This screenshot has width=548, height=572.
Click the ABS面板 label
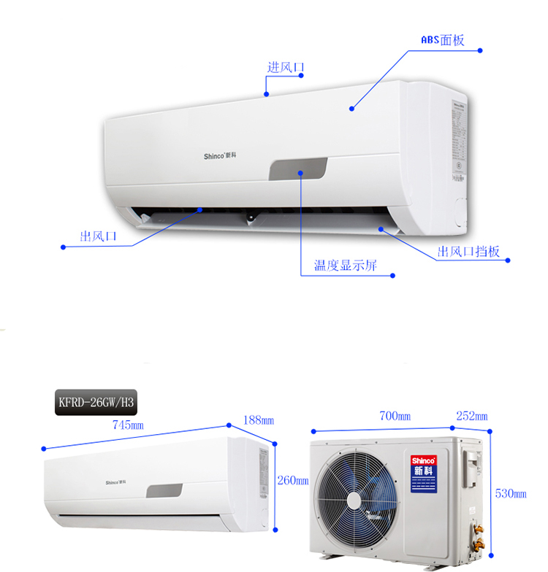443,39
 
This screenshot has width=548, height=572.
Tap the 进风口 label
285,68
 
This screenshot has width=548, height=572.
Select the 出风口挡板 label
468,252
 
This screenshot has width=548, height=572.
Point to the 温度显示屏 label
346,264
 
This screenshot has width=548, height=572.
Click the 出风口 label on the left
98,236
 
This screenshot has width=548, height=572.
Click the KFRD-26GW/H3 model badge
97,401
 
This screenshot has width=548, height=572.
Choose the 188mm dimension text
259,420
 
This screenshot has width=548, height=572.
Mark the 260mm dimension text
293,480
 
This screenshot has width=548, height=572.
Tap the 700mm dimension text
395,416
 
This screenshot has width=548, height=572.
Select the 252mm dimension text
472,416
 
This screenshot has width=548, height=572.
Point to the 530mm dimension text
511,493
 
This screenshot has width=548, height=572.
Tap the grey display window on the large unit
298,169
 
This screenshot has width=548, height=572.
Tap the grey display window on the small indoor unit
164,490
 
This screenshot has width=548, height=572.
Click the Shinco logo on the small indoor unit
115,482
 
